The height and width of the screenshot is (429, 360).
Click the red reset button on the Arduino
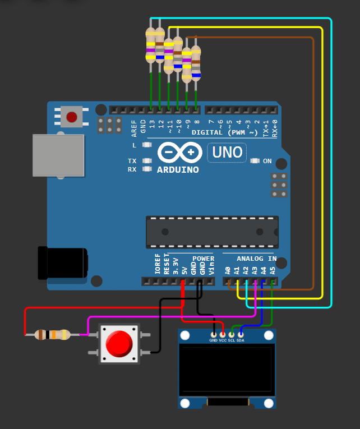(x=72, y=117)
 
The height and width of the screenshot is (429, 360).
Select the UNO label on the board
(x=227, y=152)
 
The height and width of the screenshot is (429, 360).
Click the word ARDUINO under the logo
(x=178, y=169)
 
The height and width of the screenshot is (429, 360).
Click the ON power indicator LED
(x=256, y=161)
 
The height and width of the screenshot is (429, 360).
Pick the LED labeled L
(x=147, y=145)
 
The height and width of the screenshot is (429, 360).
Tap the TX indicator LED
(x=147, y=161)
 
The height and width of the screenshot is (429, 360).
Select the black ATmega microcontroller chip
(x=212, y=232)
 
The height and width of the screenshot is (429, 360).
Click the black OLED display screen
(x=226, y=370)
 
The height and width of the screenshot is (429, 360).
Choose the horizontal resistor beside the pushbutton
(x=52, y=335)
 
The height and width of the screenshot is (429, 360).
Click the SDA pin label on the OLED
(x=241, y=341)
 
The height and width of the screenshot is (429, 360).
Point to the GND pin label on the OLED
(x=214, y=341)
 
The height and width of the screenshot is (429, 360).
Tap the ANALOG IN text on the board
(x=256, y=259)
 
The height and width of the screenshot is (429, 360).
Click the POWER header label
(x=203, y=259)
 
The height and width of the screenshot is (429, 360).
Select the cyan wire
(x=331, y=168)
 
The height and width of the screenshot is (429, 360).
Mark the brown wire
(x=313, y=168)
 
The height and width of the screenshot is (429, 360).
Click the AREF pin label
(x=134, y=128)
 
